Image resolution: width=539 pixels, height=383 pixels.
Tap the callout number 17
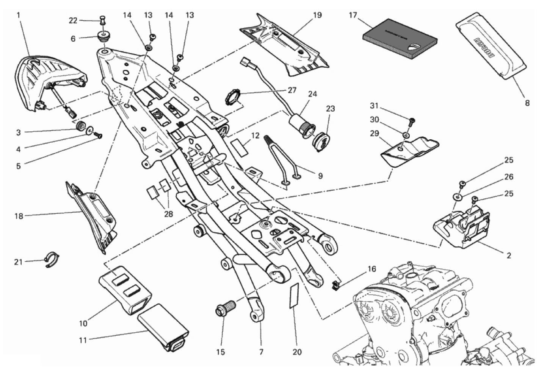353,15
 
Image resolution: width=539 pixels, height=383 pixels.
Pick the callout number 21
18,262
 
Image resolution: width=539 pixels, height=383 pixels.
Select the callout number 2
508,255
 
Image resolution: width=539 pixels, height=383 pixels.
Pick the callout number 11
83,340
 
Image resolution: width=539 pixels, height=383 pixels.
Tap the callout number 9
320,176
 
